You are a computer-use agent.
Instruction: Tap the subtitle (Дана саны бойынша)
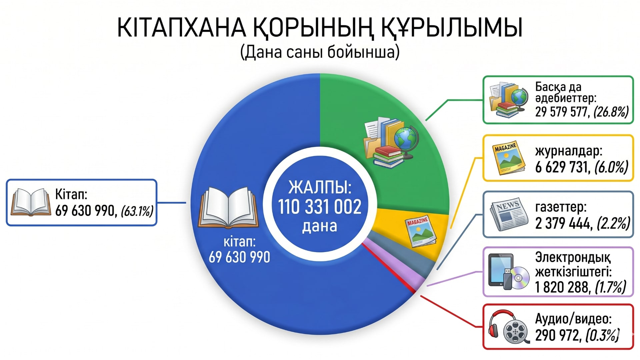click(320, 52)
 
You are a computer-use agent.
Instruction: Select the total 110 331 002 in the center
click(320, 207)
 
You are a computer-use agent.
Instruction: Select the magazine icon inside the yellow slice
click(420, 231)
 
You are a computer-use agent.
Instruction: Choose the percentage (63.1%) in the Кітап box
click(137, 211)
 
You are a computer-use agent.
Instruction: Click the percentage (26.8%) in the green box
click(611, 112)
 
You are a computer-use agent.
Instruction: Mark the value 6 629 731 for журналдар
click(563, 167)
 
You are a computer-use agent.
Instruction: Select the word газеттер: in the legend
click(561, 208)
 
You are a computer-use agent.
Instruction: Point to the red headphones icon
click(502, 323)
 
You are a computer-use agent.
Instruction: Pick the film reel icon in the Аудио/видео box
click(515, 332)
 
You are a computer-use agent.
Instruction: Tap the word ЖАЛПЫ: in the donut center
click(320, 187)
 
